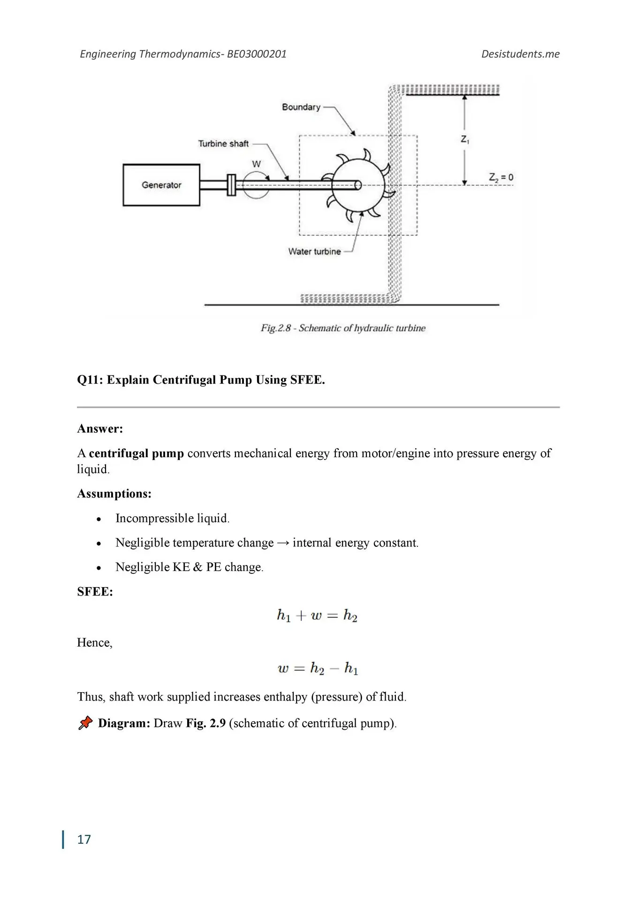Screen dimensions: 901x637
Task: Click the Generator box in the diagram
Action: coord(161,185)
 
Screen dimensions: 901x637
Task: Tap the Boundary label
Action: coord(301,107)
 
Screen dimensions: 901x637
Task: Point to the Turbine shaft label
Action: coord(223,144)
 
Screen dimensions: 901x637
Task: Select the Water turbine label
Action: coord(314,252)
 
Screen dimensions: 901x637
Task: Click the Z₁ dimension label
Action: coord(465,139)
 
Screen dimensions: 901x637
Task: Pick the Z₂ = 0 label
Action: coord(501,177)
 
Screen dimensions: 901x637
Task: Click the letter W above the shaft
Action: coord(256,164)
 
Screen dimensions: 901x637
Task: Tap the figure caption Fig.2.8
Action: coord(343,328)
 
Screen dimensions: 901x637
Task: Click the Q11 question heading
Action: coord(201,380)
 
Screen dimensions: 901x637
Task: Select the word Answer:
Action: coord(100,428)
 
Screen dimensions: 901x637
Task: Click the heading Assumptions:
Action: coord(114,494)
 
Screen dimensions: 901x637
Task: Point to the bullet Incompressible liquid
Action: coord(172,518)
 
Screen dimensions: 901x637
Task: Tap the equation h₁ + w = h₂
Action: coord(317,615)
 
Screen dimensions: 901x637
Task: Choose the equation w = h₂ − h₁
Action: coord(318,668)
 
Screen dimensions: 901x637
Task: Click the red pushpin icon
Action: coord(85,723)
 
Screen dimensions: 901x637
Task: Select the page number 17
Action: coord(84,840)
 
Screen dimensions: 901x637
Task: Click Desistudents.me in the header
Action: coord(520,54)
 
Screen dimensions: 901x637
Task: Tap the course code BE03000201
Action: coord(257,54)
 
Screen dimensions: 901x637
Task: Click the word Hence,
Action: coord(95,642)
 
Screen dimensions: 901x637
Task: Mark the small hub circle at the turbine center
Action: coord(357,185)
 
